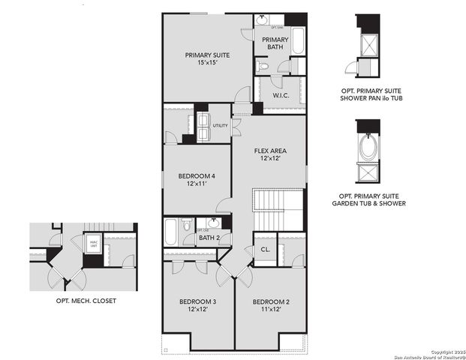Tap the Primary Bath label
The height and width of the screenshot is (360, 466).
click(275, 44)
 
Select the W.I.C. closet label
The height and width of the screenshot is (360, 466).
click(281, 95)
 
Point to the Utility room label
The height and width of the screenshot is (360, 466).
click(220, 125)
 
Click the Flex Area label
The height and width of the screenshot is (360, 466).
click(270, 155)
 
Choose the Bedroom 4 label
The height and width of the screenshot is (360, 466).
click(197, 179)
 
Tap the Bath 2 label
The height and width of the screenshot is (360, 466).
click(209, 238)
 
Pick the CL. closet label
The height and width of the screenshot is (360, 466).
click(265, 249)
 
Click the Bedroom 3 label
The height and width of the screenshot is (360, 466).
click(197, 305)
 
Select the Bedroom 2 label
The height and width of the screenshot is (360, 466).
click(270, 305)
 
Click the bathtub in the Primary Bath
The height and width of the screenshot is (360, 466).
click(297, 41)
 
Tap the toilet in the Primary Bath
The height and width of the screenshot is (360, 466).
click(262, 67)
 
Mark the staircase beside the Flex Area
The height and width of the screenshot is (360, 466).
click(278, 210)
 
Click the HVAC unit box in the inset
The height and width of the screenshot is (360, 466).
click(93, 244)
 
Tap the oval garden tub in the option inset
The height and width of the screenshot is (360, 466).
click(368, 147)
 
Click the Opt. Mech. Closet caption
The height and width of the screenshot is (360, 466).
click(86, 301)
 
